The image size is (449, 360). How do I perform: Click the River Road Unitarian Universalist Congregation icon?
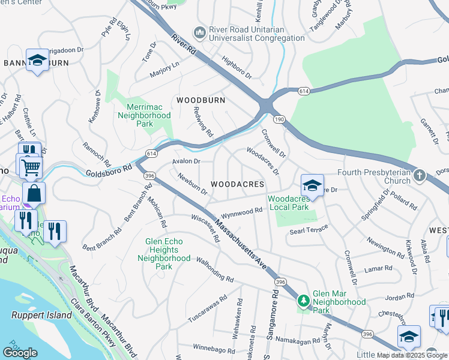(199, 31)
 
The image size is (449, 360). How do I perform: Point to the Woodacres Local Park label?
(288, 203)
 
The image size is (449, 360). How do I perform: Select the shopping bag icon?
(34, 193)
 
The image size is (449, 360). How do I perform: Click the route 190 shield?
(280, 119)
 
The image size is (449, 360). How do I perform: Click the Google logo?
(20, 352)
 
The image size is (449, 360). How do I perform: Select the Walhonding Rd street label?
(215, 269)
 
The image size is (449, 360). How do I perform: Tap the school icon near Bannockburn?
(37, 59)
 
